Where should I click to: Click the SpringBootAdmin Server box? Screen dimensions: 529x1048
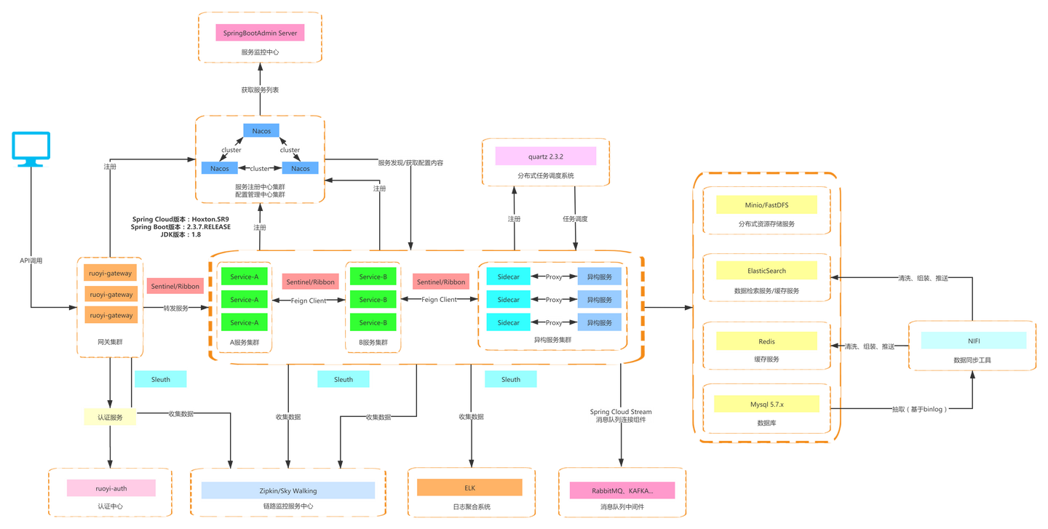coord(260,33)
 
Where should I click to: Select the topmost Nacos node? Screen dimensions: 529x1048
coord(261,131)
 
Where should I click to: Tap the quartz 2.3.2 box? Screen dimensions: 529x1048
coord(545,156)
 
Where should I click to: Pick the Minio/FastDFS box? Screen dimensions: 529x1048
coord(766,205)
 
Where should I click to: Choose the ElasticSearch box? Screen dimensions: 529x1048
coord(766,271)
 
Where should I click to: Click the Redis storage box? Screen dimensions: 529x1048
coord(766,341)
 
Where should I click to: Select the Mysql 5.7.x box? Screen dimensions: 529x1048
coord(766,404)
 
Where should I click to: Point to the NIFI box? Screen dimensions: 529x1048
coord(973,341)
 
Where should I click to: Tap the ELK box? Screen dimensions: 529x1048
coord(469,488)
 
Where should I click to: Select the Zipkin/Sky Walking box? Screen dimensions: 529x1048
coord(288,490)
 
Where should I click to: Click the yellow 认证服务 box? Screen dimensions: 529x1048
coord(110,418)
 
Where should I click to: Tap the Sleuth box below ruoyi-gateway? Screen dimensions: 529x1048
coord(161,379)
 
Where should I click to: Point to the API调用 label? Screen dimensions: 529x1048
coord(32,260)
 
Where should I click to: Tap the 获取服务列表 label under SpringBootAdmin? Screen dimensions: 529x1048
coord(260,90)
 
